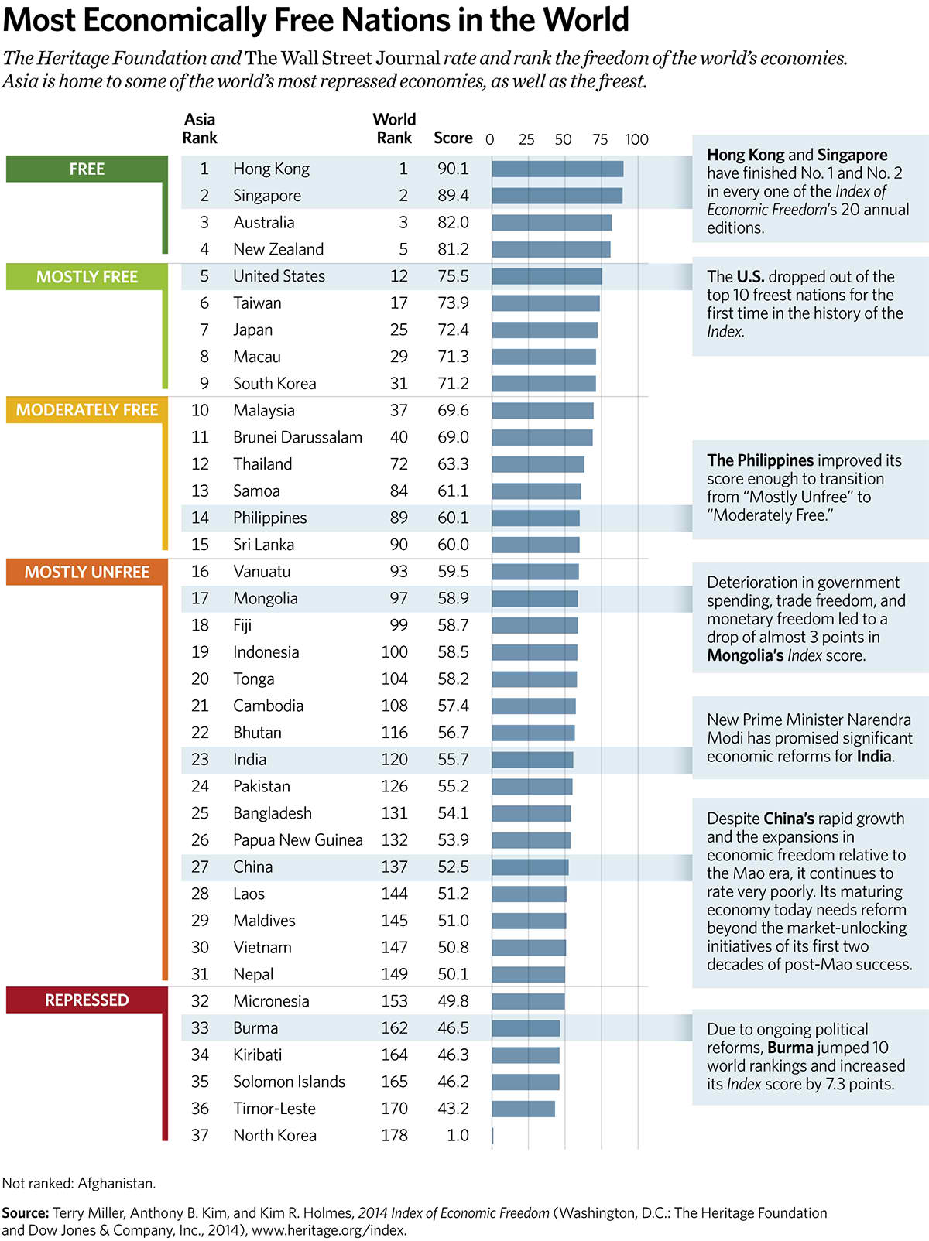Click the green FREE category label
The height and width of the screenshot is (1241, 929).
(87, 169)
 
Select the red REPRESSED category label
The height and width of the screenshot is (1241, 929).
(87, 1000)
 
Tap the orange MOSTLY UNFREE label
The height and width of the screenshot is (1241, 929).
(87, 572)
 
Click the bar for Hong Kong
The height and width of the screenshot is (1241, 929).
(557, 169)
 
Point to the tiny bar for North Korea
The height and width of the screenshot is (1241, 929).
(492, 1135)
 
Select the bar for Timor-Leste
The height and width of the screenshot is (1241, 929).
(523, 1108)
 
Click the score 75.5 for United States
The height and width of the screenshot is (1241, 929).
(453, 276)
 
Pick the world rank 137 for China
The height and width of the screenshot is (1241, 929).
(394, 867)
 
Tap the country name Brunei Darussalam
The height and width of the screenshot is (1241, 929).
(297, 437)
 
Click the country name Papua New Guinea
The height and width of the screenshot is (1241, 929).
(297, 839)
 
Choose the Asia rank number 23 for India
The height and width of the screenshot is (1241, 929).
(200, 759)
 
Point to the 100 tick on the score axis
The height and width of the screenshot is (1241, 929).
(636, 139)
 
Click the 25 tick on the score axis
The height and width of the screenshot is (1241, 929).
(526, 139)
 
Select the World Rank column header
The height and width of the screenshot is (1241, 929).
(394, 128)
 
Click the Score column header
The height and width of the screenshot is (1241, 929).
(453, 138)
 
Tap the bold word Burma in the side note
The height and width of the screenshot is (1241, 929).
(790, 1048)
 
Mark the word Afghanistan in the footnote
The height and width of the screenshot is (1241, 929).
(116, 1183)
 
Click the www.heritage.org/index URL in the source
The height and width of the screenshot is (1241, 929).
(328, 1230)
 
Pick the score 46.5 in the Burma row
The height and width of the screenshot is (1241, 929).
(453, 1027)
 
